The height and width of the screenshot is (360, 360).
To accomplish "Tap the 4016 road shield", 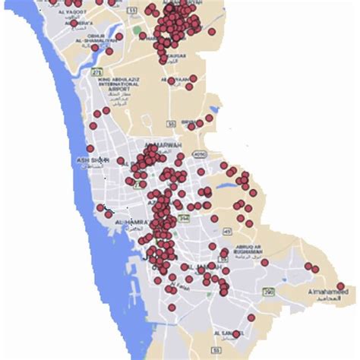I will click(198, 155).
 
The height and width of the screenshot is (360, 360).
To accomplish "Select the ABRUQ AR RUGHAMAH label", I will click(239, 254).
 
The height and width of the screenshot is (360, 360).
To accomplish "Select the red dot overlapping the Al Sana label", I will click(236, 333).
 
